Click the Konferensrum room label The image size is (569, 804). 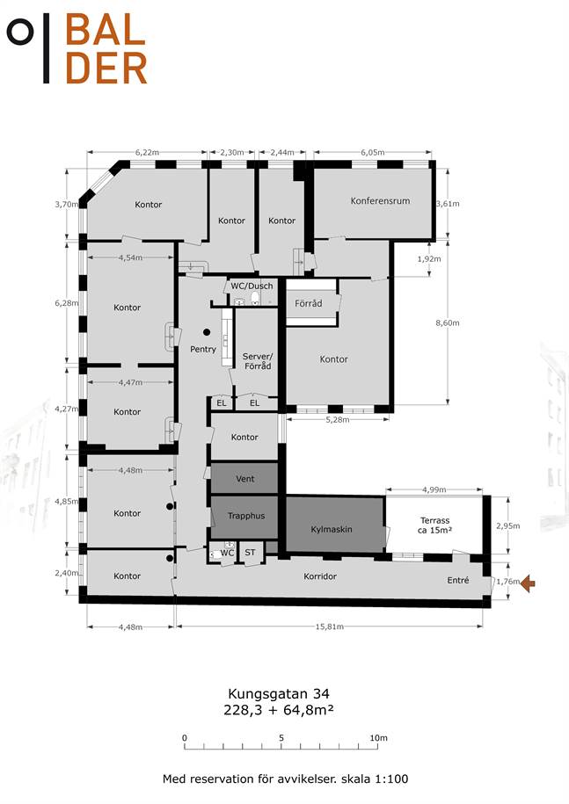380,200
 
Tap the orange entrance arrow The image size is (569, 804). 528,583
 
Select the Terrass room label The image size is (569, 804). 434,520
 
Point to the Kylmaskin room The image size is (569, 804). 334,524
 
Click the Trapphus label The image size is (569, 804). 246,516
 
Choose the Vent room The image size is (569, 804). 244,478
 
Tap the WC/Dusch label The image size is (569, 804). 252,286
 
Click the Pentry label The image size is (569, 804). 203,349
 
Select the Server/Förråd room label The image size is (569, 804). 258,361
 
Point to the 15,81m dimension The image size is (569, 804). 330,627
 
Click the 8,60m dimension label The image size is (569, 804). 448,323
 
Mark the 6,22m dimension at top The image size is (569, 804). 147,152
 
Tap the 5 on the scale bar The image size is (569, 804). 281,738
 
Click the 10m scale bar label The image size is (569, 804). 379,738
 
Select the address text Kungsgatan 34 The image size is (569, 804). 279,694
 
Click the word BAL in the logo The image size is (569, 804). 106,30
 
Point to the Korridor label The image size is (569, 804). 320,576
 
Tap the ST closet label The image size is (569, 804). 250,552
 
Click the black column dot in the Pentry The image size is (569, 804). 207,332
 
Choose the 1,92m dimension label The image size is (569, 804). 429,259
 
